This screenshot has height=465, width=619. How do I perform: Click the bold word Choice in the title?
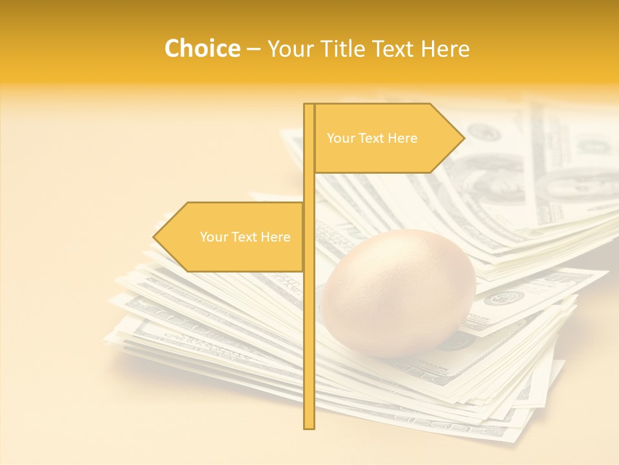[202, 49]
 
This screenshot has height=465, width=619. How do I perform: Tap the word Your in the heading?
[290, 49]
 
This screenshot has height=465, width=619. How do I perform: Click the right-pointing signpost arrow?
[387, 138]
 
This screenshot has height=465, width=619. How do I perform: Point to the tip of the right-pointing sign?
[464, 138]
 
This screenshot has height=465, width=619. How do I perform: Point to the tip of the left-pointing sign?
[154, 237]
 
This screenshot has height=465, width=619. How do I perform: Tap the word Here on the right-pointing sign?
[402, 138]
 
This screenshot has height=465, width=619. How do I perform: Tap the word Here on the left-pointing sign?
[275, 237]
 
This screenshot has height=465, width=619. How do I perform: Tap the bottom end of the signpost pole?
[309, 426]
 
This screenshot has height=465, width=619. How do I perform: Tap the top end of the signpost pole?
[309, 106]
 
